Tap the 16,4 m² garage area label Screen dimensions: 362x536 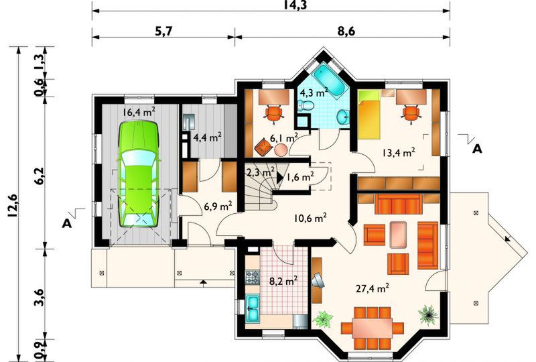pos(139,112)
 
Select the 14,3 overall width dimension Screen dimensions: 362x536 pos(270,5)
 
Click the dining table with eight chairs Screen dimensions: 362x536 pos(373,326)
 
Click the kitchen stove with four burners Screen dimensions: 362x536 pos(253,276)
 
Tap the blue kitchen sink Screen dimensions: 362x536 pos(254,308)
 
